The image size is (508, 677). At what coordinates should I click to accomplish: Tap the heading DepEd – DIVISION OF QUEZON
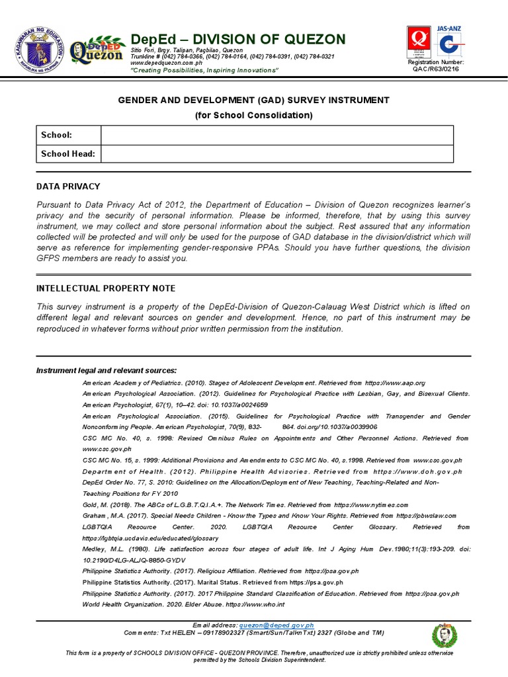237,39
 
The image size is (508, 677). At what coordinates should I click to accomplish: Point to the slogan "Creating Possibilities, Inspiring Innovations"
204,70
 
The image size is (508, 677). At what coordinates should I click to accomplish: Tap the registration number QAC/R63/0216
435,69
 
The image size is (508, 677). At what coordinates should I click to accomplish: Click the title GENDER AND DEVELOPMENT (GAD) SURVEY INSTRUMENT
253,100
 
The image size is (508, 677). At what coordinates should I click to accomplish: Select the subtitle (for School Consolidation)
253,115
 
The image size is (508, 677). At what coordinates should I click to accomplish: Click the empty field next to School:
276,135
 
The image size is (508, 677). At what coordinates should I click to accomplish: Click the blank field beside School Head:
276,154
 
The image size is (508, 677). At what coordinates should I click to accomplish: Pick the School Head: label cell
68,154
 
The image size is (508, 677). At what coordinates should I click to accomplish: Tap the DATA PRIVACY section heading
68,187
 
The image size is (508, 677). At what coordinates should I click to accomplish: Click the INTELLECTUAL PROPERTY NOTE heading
106,289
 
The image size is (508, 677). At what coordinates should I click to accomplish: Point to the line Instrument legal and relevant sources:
106,370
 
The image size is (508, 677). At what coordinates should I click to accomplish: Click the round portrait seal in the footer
444,635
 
